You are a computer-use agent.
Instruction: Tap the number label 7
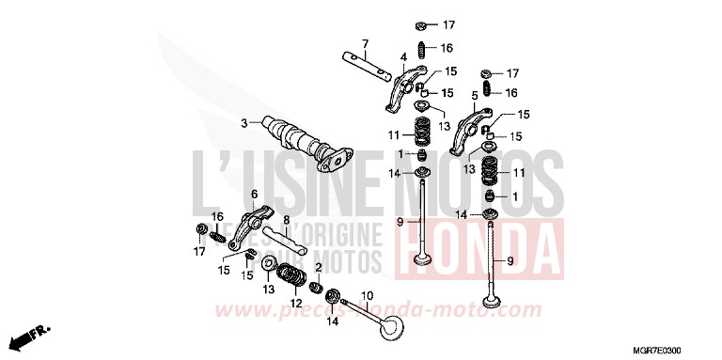366,43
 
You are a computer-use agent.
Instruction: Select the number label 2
320,268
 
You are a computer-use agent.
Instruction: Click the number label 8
286,219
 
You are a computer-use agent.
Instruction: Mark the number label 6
253,194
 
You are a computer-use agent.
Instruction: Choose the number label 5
475,95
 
